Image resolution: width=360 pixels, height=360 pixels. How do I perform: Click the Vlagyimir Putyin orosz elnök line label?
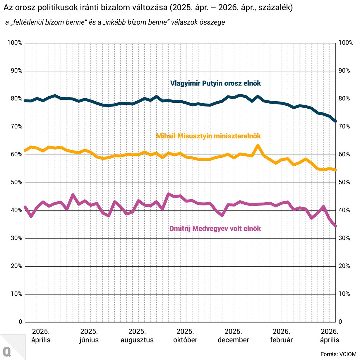(x=215, y=83)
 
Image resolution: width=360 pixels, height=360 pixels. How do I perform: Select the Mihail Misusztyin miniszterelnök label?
(x=208, y=136)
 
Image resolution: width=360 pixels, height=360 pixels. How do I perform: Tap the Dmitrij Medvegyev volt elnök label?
(x=215, y=229)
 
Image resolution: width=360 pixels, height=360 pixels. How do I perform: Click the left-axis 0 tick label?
(x=20, y=322)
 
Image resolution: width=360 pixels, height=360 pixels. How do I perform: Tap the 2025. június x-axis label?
(x=89, y=336)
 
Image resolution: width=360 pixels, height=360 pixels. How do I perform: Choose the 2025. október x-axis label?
(x=185, y=336)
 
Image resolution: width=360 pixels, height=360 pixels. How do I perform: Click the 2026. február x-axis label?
(x=281, y=336)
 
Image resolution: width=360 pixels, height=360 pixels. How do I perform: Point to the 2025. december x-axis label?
(x=233, y=336)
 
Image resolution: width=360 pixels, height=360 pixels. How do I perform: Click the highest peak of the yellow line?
(x=258, y=145)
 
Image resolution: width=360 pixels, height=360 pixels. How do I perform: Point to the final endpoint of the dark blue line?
(x=336, y=121)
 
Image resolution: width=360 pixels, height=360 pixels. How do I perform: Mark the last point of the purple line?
(x=336, y=226)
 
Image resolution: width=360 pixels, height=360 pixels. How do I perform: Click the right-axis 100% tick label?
(x=346, y=43)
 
